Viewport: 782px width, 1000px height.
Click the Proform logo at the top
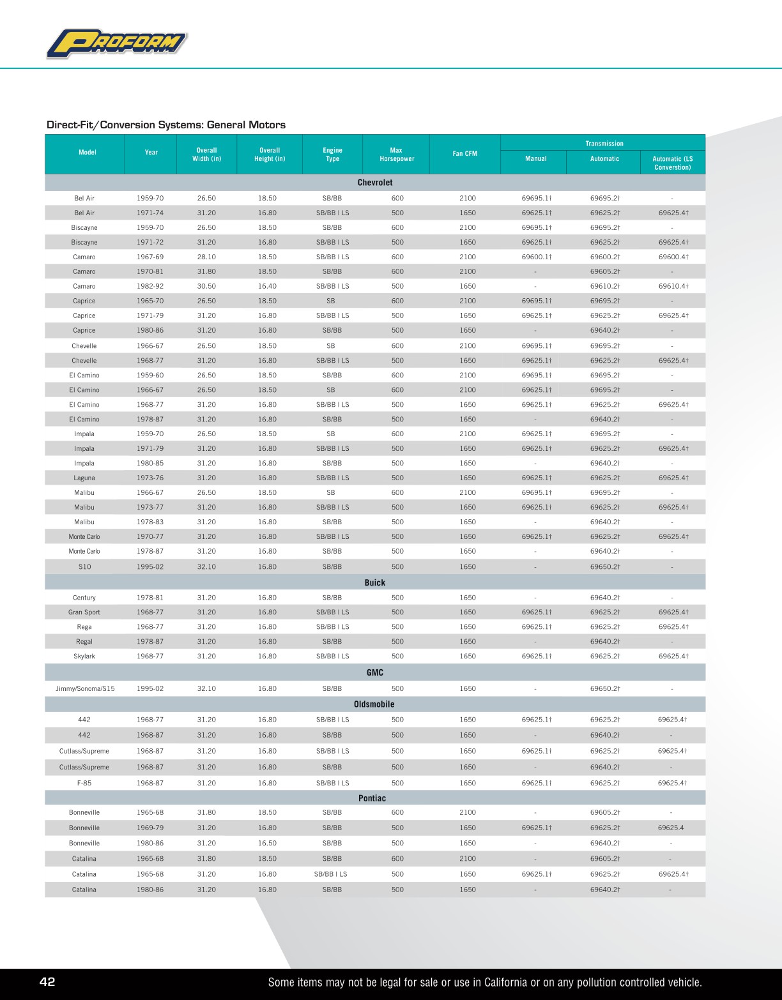tap(117, 44)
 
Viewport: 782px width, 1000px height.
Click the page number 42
tap(47, 982)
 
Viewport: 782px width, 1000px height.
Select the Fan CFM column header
tap(465, 154)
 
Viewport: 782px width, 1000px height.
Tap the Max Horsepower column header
tap(397, 155)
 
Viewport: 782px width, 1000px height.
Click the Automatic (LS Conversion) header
tap(672, 163)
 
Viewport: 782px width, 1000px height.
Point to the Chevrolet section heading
tap(375, 183)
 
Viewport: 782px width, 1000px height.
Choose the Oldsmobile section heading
tap(374, 704)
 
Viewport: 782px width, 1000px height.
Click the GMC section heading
tap(375, 672)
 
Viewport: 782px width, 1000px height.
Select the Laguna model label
tap(84, 478)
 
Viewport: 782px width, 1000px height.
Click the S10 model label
tap(84, 567)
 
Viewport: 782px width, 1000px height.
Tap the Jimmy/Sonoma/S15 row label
tap(85, 689)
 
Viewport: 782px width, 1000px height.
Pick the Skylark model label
tap(84, 656)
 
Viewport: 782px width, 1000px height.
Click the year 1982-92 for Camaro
tap(150, 287)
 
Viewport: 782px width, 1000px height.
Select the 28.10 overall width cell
tap(206, 257)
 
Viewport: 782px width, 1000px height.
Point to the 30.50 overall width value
tap(206, 287)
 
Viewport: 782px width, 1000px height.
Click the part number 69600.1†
tap(537, 257)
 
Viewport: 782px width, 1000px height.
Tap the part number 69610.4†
tap(673, 287)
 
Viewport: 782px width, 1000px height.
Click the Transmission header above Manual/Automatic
tap(604, 144)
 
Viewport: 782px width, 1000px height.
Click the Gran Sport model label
tap(84, 612)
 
